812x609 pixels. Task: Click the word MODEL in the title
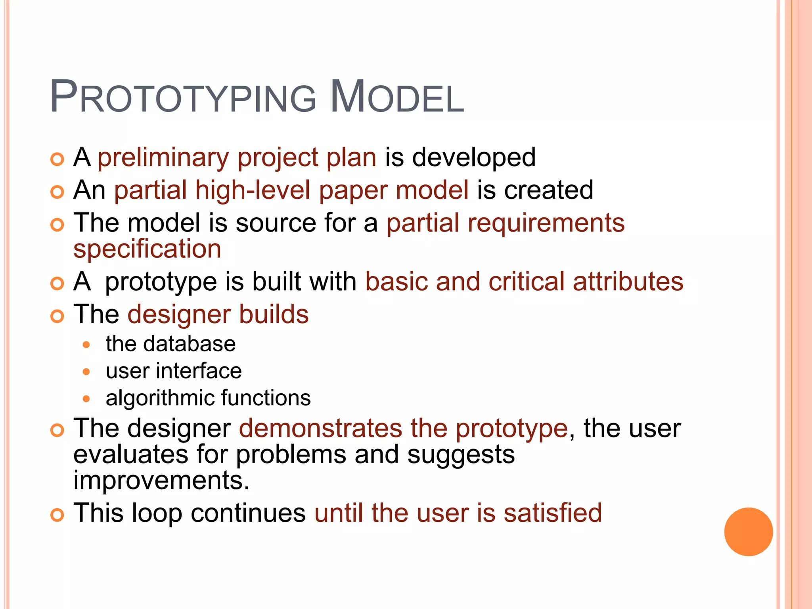[396, 98]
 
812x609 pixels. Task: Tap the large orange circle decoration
[748, 531]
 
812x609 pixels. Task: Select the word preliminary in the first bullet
[163, 158]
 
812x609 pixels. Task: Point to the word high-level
[253, 190]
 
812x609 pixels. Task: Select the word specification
[147, 249]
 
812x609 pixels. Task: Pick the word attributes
[628, 282]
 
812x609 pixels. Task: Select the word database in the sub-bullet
[189, 344]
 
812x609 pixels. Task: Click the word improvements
[161, 481]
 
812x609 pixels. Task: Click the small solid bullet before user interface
[86, 372]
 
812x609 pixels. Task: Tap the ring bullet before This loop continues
[57, 515]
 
